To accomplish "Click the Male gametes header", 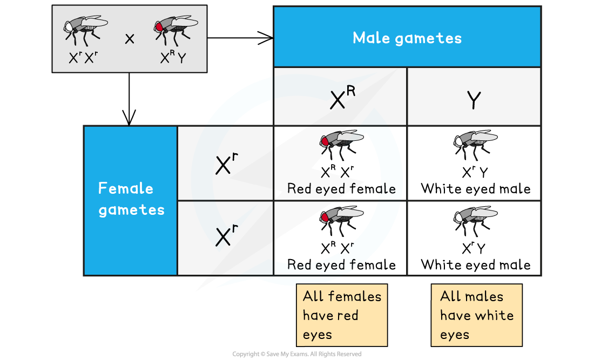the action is (407, 37).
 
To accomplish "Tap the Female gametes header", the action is (130, 200).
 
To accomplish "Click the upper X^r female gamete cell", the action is (225, 163).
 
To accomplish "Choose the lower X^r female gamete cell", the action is (225, 238).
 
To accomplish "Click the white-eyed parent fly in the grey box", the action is (86, 30).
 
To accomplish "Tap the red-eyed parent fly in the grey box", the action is (175, 30).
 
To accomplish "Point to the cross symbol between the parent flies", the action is (130, 39).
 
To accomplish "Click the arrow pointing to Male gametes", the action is (240, 38).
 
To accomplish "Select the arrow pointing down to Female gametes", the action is (129, 99).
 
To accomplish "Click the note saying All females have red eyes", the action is (342, 315).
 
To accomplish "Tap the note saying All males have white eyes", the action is (477, 315).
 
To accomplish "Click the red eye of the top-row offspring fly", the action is (325, 141).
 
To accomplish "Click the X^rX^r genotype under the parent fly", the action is (83, 58).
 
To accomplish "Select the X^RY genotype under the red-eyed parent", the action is (173, 57).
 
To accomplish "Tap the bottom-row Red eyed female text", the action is (341, 264).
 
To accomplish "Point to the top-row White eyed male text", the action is (475, 188).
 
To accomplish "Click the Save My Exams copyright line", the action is (297, 354).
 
